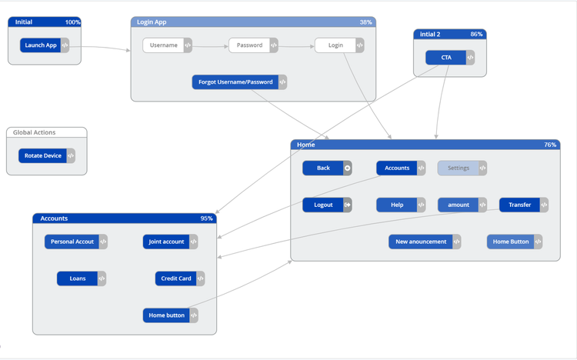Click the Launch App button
point(41,45)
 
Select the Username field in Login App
point(163,45)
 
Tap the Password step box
point(249,45)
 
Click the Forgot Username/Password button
point(235,82)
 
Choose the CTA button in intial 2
point(446,58)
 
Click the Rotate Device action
point(43,156)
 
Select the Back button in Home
point(323,168)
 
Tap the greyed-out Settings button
point(459,168)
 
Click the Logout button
point(323,205)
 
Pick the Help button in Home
point(397,205)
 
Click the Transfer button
point(519,205)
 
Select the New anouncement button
point(421,242)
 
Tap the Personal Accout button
point(72,242)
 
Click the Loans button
point(78,278)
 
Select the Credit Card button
point(176,278)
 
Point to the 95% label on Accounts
point(206,218)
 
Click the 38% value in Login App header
point(365,22)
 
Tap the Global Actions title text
point(35,132)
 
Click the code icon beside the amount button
point(482,205)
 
